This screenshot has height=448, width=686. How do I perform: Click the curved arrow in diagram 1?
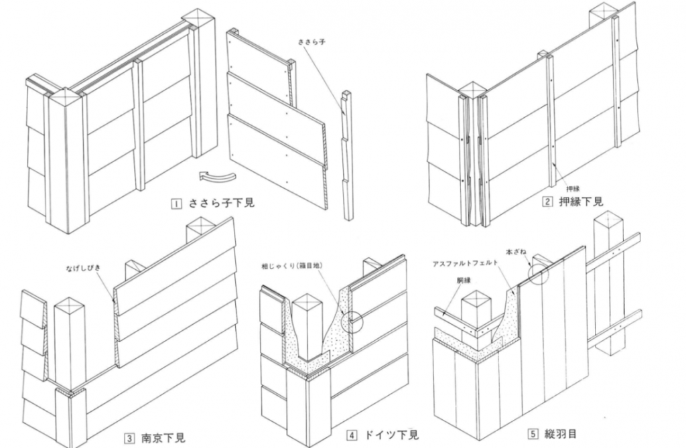(218, 176)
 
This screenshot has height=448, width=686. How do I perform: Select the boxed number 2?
(547, 201)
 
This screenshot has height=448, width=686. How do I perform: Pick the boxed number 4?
(352, 435)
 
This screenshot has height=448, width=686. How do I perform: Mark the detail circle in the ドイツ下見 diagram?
(352, 321)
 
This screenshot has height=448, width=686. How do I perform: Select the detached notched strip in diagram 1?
(346, 154)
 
